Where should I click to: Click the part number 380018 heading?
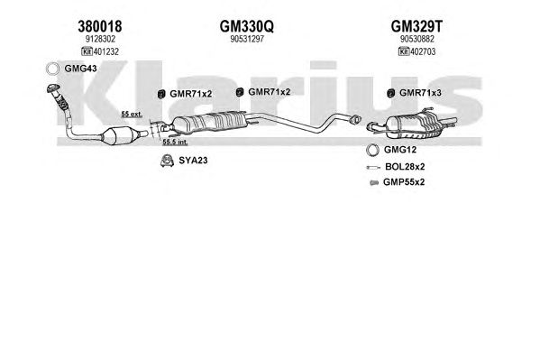[x=100, y=26]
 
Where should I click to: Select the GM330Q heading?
[x=247, y=26]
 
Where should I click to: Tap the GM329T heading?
[x=416, y=26]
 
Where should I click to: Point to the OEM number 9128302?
[x=100, y=39]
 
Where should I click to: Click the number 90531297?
[x=247, y=39]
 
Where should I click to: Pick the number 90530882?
[x=417, y=39]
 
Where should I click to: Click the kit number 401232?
[x=106, y=51]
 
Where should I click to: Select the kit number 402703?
[x=423, y=51]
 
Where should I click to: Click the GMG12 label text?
[x=400, y=150]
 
